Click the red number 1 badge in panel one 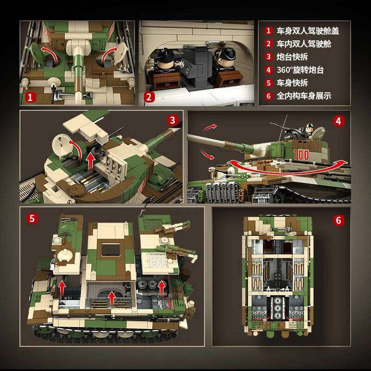pos(30,98)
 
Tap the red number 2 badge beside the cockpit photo pos(148,98)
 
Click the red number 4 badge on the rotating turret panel pos(339,122)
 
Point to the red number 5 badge pos(31,218)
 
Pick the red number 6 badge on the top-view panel pos(339,220)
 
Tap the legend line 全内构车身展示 pos(304,96)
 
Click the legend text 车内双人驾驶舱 pos(304,44)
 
